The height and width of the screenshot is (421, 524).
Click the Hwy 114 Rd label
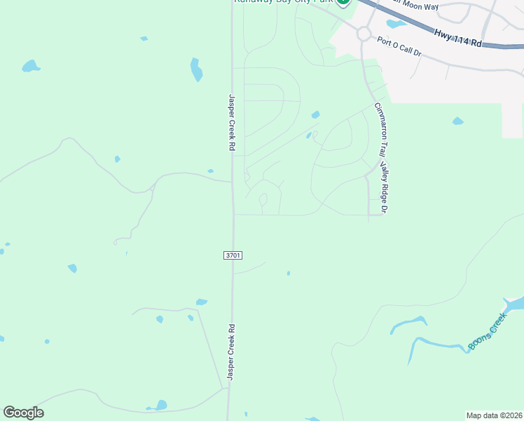pos(458,38)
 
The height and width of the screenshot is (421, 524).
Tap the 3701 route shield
pos(233,255)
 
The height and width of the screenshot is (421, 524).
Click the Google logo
pos(23,413)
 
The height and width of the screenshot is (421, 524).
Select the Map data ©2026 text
pos(494,415)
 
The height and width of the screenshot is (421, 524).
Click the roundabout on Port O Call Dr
pos(363,33)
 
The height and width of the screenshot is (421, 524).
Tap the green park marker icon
pos(343,1)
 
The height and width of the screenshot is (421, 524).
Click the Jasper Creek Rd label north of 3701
pos(230,123)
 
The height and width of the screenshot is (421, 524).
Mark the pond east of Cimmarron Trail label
pos(457,121)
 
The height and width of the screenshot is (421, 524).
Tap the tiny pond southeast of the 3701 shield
pos(288,273)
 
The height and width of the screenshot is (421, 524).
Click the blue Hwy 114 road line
pos(420,27)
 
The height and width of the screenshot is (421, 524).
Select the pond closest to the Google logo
pos(160,405)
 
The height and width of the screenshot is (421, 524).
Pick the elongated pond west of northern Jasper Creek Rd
pos(196,69)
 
